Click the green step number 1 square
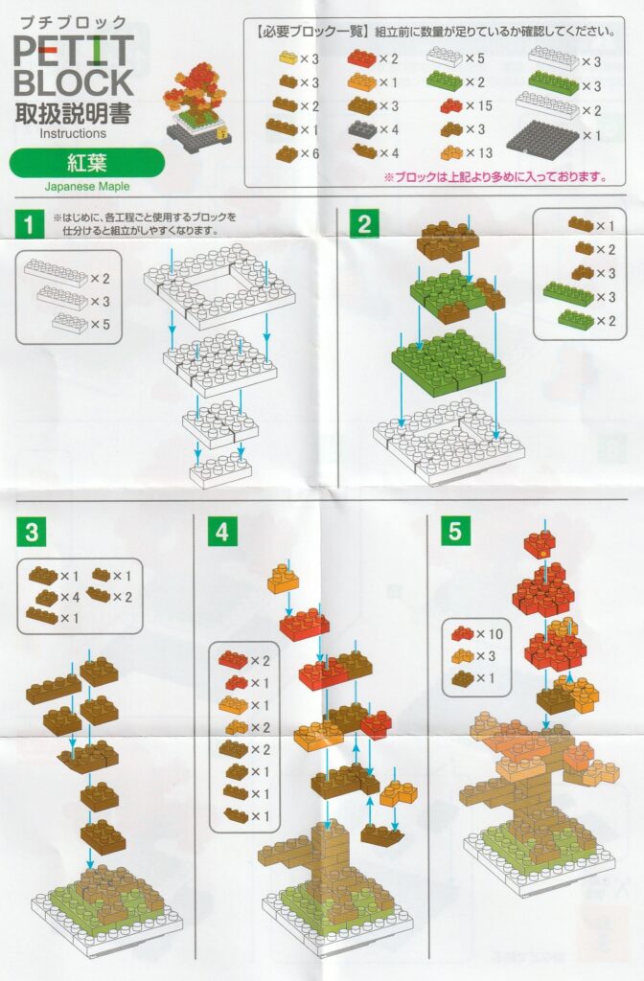click(x=29, y=224)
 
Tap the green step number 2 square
click(x=364, y=222)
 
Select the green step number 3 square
click(x=32, y=533)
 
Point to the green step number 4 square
click(x=222, y=532)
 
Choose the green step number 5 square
click(x=455, y=531)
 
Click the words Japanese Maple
click(x=87, y=187)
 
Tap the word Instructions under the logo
click(x=73, y=133)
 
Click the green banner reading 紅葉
click(x=87, y=163)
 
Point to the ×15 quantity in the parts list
click(x=479, y=105)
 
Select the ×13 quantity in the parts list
click(x=479, y=152)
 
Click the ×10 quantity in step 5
click(x=490, y=634)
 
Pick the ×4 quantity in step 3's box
click(x=70, y=597)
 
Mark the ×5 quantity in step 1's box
click(x=100, y=324)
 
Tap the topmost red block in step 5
click(x=540, y=544)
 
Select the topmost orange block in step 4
click(x=283, y=578)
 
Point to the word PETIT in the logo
click(x=74, y=50)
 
